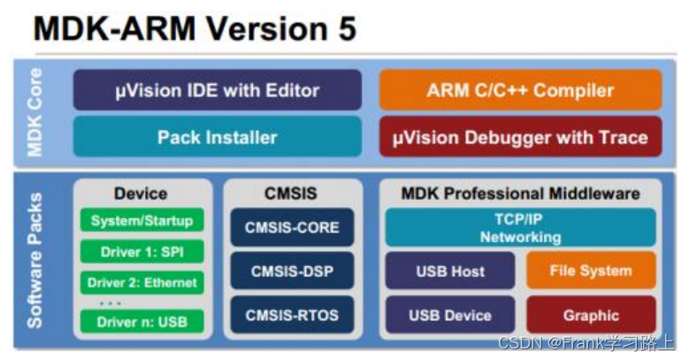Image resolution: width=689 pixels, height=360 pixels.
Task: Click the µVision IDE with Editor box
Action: (217, 90)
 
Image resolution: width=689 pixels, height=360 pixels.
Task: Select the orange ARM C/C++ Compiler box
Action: (520, 90)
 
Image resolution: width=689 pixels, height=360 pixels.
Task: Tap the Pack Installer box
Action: (217, 137)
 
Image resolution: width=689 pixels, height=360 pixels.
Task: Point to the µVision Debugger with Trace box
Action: (520, 137)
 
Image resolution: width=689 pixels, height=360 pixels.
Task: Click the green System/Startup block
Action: (142, 220)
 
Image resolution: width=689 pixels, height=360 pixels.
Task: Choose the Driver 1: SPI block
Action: (142, 252)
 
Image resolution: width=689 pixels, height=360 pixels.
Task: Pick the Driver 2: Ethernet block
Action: (142, 284)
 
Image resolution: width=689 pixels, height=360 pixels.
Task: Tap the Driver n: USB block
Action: (142, 320)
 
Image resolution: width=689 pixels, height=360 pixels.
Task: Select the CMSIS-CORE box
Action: (292, 227)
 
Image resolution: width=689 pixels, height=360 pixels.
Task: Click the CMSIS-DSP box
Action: (292, 271)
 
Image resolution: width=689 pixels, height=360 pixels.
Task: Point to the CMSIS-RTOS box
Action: (292, 314)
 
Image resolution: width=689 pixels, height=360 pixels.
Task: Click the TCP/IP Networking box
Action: (520, 228)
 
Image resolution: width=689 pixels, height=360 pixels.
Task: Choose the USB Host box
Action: (450, 272)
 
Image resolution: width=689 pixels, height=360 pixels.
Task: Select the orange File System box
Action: (591, 272)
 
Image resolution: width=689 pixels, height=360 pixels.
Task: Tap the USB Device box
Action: (450, 315)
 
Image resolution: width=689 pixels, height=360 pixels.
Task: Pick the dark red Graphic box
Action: (591, 315)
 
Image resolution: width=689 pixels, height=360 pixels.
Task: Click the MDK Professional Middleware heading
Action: (520, 194)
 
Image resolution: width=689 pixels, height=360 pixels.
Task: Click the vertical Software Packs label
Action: (35, 261)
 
